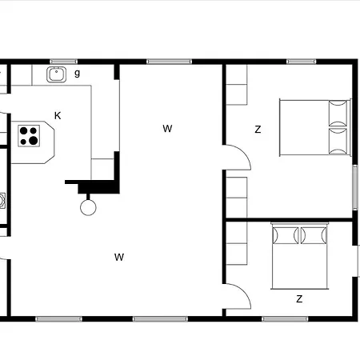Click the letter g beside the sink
pyautogui.click(x=77, y=73)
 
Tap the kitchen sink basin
pyautogui.click(x=57, y=74)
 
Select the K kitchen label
pyautogui.click(x=58, y=116)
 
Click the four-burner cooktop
pyautogui.click(x=29, y=136)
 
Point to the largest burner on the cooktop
pyautogui.click(x=34, y=140)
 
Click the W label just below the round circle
pyautogui.click(x=119, y=257)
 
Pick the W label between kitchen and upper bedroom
pyautogui.click(x=167, y=129)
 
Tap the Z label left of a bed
pyautogui.click(x=258, y=130)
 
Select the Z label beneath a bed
pyautogui.click(x=299, y=299)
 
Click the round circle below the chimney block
pyautogui.click(x=88, y=207)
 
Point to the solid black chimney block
pyautogui.click(x=98, y=186)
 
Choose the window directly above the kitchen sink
pyautogui.click(x=63, y=62)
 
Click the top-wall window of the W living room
pyautogui.click(x=169, y=62)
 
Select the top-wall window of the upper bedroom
pyautogui.click(x=301, y=62)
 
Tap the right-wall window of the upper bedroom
pyautogui.click(x=355, y=186)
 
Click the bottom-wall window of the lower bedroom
pyautogui.click(x=285, y=319)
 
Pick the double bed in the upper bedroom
pyautogui.click(x=315, y=127)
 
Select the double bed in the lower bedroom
pyautogui.click(x=300, y=256)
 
